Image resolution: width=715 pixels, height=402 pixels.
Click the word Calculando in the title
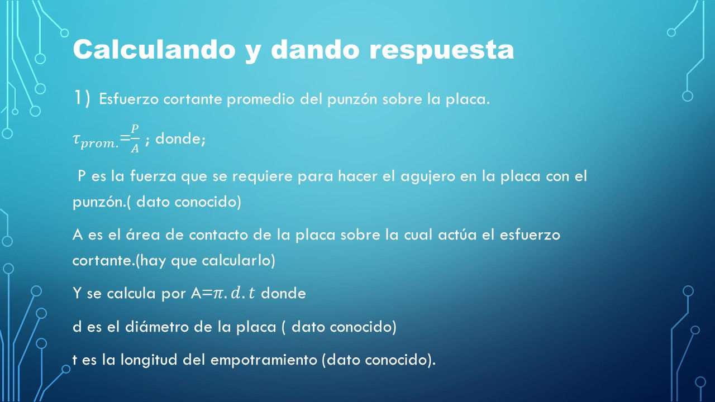(x=154, y=49)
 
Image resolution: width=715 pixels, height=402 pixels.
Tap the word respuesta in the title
(x=441, y=51)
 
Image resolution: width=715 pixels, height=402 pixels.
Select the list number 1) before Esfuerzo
(x=82, y=98)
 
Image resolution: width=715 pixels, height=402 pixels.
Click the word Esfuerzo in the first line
(x=128, y=99)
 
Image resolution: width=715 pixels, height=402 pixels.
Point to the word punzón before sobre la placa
(x=352, y=100)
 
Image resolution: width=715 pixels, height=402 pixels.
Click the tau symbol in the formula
(x=76, y=139)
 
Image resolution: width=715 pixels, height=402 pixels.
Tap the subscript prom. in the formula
(x=99, y=144)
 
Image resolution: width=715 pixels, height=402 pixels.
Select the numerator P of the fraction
(x=135, y=128)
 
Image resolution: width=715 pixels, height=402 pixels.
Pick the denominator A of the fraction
(x=135, y=149)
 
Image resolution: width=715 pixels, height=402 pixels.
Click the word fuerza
(x=153, y=176)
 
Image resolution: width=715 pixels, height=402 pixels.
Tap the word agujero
(x=428, y=177)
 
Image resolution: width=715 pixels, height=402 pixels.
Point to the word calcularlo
(x=236, y=260)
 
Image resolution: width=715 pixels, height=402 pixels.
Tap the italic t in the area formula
(x=252, y=293)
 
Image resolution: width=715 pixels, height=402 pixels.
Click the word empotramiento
(x=264, y=360)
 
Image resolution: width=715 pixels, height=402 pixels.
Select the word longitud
(x=149, y=360)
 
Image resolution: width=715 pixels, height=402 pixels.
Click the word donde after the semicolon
(x=180, y=139)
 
